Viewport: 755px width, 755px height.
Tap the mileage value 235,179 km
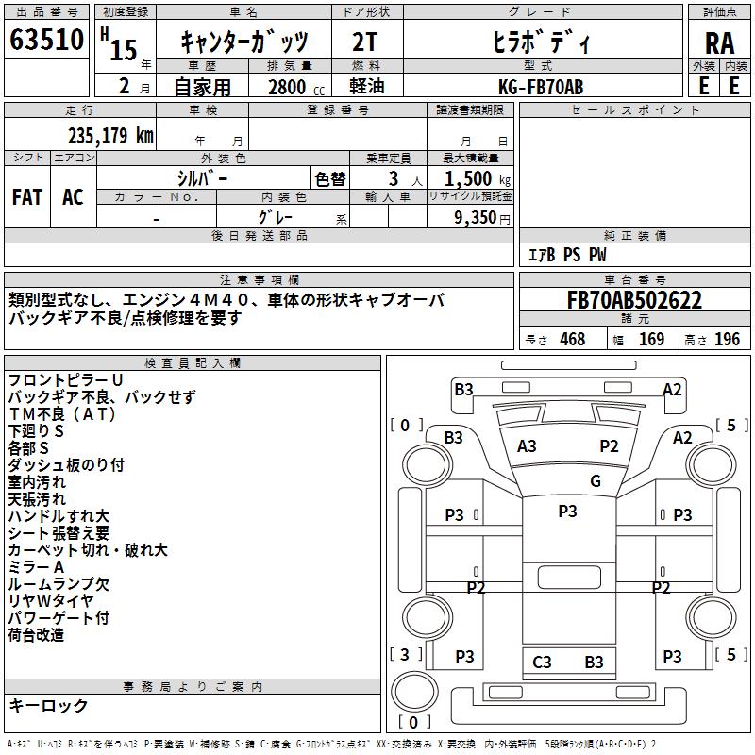[110, 136]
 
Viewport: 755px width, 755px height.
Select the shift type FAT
[27, 197]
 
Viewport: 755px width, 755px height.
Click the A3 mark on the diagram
[527, 446]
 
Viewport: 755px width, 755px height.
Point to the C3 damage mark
[542, 663]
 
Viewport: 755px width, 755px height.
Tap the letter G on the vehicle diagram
[595, 481]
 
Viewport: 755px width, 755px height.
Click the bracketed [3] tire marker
[405, 654]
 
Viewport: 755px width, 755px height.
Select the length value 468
[572, 340]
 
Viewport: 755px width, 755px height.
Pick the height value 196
[728, 340]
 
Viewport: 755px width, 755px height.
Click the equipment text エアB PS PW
[566, 256]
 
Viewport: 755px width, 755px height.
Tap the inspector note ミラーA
[37, 566]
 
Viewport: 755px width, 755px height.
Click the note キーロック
[49, 706]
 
